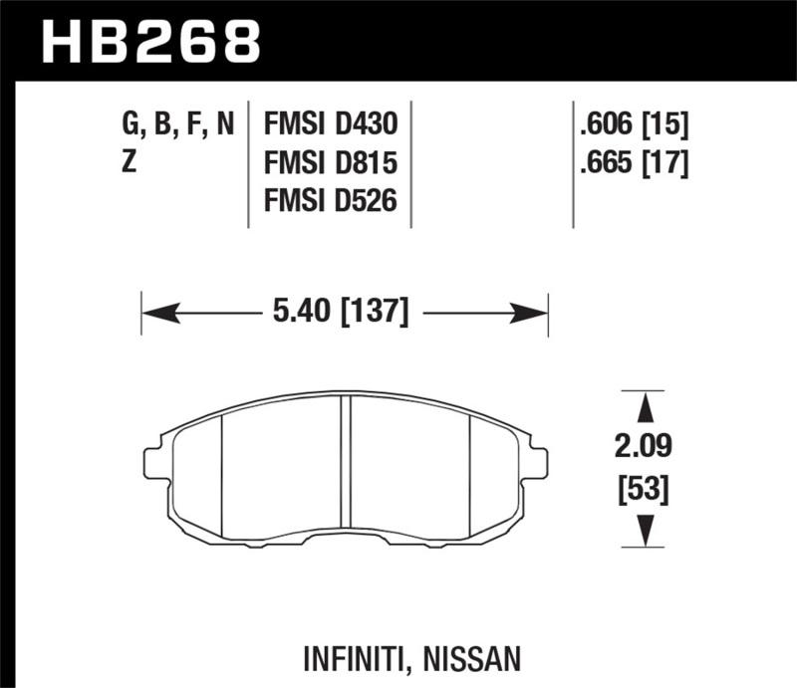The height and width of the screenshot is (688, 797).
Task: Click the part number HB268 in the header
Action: coord(149,41)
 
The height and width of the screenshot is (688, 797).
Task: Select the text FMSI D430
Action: coord(330,124)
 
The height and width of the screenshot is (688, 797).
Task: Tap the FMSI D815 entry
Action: coord(330,162)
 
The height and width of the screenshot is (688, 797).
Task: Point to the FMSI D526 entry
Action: coord(330,200)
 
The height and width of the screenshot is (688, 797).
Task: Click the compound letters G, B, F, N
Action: coord(177,124)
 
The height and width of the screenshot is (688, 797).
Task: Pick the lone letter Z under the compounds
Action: coord(129,162)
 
